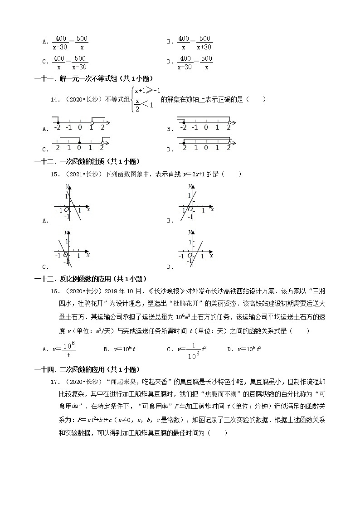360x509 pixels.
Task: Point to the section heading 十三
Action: tap(91, 279)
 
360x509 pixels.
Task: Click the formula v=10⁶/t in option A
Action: tap(63, 349)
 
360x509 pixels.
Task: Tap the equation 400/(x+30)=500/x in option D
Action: tap(195, 63)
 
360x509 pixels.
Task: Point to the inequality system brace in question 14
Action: tap(131, 100)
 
